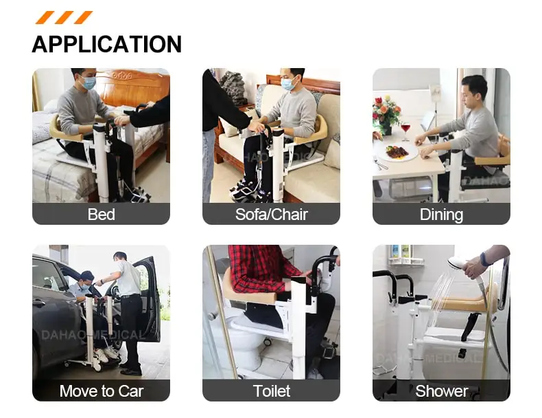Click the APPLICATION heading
point(106,44)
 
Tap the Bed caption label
point(101,214)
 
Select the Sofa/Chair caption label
point(271,214)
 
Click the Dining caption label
point(441,214)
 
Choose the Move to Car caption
point(101,391)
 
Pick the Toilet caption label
point(271,391)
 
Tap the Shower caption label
point(441,391)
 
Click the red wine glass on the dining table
point(405,130)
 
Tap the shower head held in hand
point(458,264)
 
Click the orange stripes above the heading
point(64,17)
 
